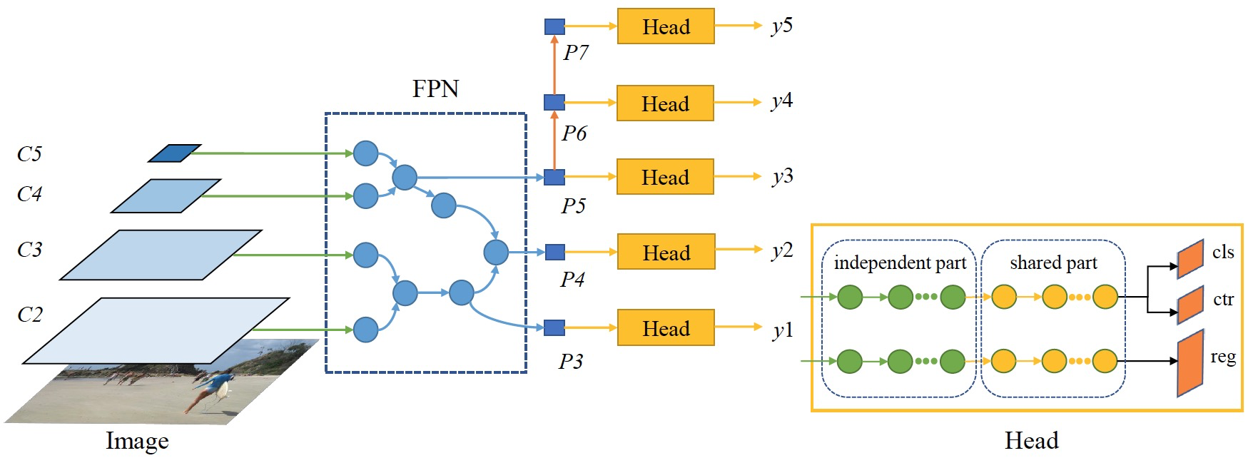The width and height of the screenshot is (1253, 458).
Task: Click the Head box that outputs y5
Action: click(665, 26)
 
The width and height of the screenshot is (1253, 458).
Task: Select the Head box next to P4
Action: click(665, 252)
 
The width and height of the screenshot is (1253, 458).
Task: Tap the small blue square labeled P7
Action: click(554, 27)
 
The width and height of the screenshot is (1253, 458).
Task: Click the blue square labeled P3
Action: click(554, 327)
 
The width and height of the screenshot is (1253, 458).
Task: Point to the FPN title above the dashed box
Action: click(435, 88)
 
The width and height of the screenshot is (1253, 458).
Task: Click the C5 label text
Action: click(29, 154)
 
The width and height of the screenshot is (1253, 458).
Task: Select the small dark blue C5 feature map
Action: click(174, 153)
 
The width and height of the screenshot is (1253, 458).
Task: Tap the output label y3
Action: click(782, 176)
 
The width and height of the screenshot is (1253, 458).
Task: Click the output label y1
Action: click(783, 330)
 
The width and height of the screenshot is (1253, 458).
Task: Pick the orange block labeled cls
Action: click(1190, 258)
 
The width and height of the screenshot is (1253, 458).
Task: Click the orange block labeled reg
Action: click(1190, 363)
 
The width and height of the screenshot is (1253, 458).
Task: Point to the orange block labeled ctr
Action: click(1190, 305)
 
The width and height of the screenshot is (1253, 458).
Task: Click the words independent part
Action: click(900, 263)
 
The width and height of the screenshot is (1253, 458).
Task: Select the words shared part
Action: click(1053, 263)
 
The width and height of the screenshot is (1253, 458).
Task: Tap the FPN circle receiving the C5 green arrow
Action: click(365, 153)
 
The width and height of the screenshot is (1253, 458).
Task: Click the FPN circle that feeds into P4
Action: click(496, 252)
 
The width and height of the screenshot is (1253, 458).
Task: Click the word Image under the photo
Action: click(137, 441)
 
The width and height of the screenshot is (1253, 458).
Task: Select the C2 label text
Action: click(30, 315)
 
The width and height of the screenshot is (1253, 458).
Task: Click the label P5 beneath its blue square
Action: click(573, 206)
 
